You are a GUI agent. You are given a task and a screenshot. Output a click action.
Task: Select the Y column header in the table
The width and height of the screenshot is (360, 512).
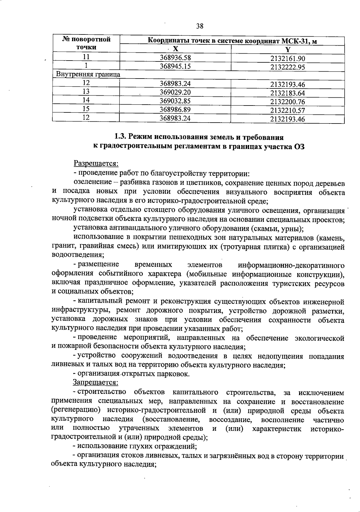pos(287,50)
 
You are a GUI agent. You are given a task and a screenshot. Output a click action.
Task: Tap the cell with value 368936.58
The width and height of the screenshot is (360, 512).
pos(175,58)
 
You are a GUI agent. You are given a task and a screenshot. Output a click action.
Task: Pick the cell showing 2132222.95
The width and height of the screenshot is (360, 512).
pos(287,67)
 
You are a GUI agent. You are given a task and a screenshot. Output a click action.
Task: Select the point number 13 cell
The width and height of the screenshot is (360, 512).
pos(86,92)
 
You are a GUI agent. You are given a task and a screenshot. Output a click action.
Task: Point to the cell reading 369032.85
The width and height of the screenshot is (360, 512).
pos(175,101)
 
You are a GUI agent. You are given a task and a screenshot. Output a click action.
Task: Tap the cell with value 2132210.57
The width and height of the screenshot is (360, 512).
pos(287,111)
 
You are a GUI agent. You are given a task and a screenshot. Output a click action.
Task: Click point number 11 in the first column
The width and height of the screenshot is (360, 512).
pos(86,57)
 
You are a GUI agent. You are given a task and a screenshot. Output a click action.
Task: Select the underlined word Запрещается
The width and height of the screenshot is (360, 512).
pos(95,383)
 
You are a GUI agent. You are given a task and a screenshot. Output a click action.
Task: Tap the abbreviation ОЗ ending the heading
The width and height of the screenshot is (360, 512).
pos(300,147)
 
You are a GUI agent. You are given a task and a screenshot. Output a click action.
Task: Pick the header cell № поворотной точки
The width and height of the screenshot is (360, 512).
pos(86,43)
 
